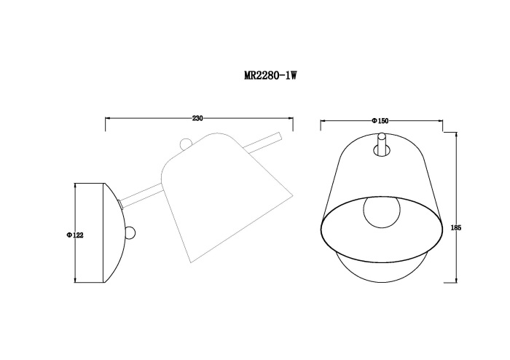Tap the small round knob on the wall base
pyautogui.click(x=131, y=233)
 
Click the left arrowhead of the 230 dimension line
pyautogui.click(x=108, y=118)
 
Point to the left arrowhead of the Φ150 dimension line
pyautogui.click(x=323, y=120)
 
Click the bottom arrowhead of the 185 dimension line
pyautogui.click(x=456, y=281)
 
